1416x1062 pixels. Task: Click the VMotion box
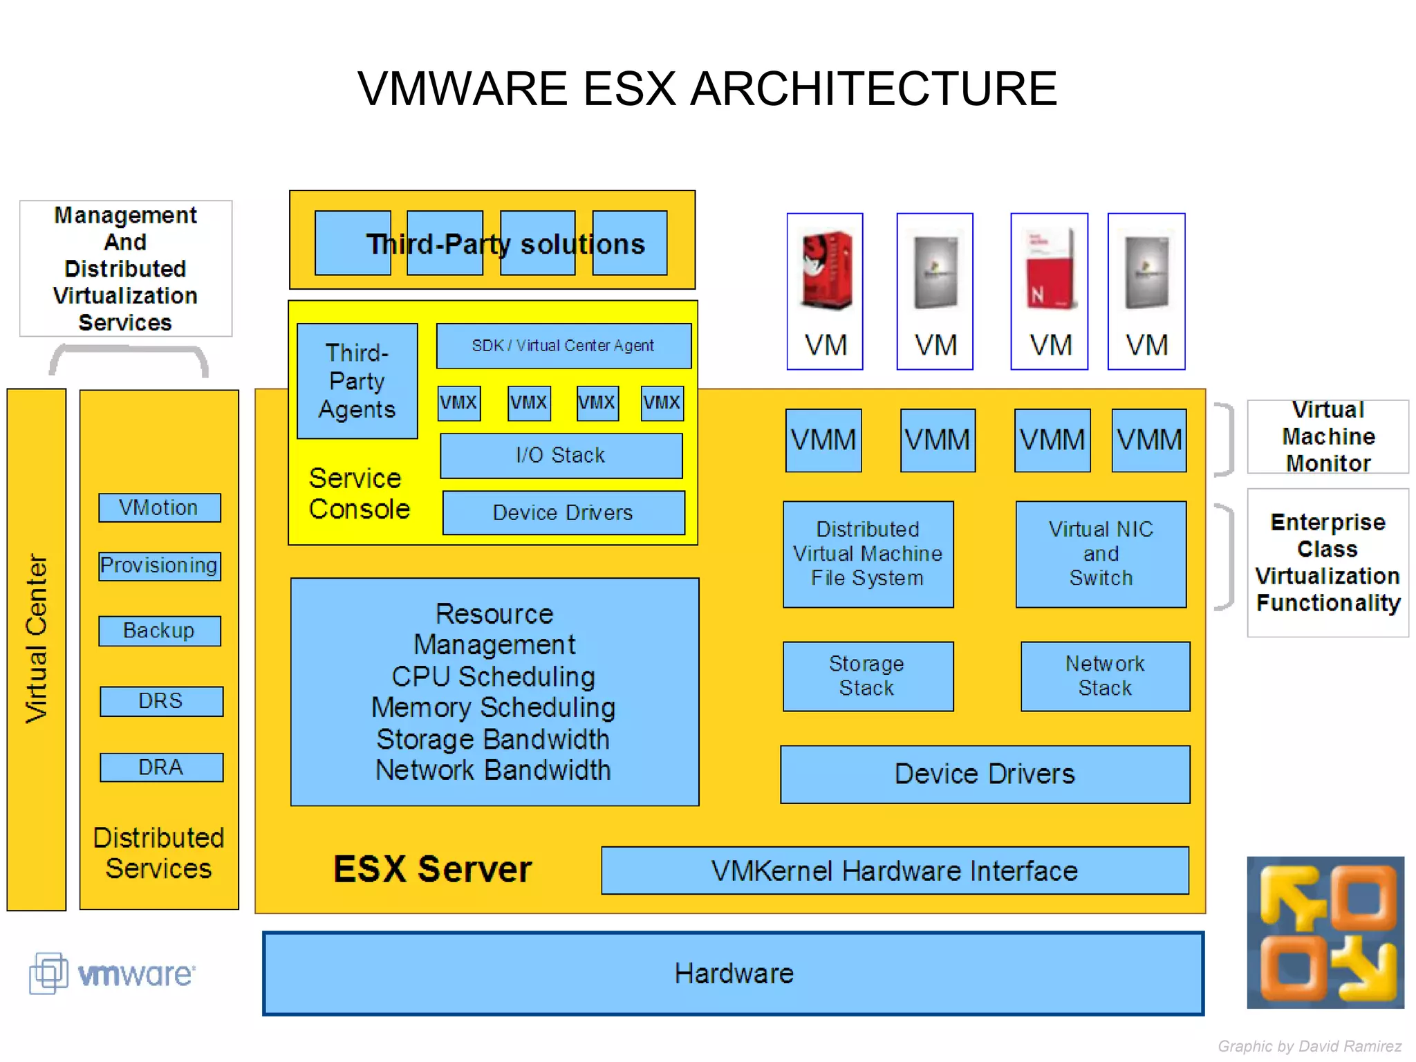click(x=159, y=507)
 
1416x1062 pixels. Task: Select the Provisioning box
click(x=159, y=566)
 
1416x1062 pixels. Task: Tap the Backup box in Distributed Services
click(x=159, y=631)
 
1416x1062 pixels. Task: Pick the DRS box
click(x=161, y=700)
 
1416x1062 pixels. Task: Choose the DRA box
click(x=161, y=767)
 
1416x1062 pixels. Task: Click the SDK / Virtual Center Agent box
click(x=563, y=345)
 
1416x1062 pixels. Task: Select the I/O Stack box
click(x=561, y=455)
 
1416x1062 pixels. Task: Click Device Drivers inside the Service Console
click(x=563, y=512)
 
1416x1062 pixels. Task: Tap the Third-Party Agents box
click(x=357, y=381)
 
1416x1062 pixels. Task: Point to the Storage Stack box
click(x=867, y=676)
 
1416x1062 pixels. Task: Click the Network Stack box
click(x=1105, y=676)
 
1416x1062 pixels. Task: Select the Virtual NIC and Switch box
click(x=1101, y=554)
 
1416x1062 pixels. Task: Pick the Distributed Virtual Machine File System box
click(x=867, y=554)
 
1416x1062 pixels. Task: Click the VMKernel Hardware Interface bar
click(x=894, y=870)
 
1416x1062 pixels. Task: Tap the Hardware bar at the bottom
click(x=733, y=973)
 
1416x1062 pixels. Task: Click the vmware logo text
click(x=136, y=974)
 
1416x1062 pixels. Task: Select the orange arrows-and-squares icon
click(x=1325, y=932)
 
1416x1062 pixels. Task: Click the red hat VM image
click(x=826, y=270)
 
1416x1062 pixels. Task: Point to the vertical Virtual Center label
click(x=36, y=637)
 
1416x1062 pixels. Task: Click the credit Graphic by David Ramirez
click(x=1309, y=1046)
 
